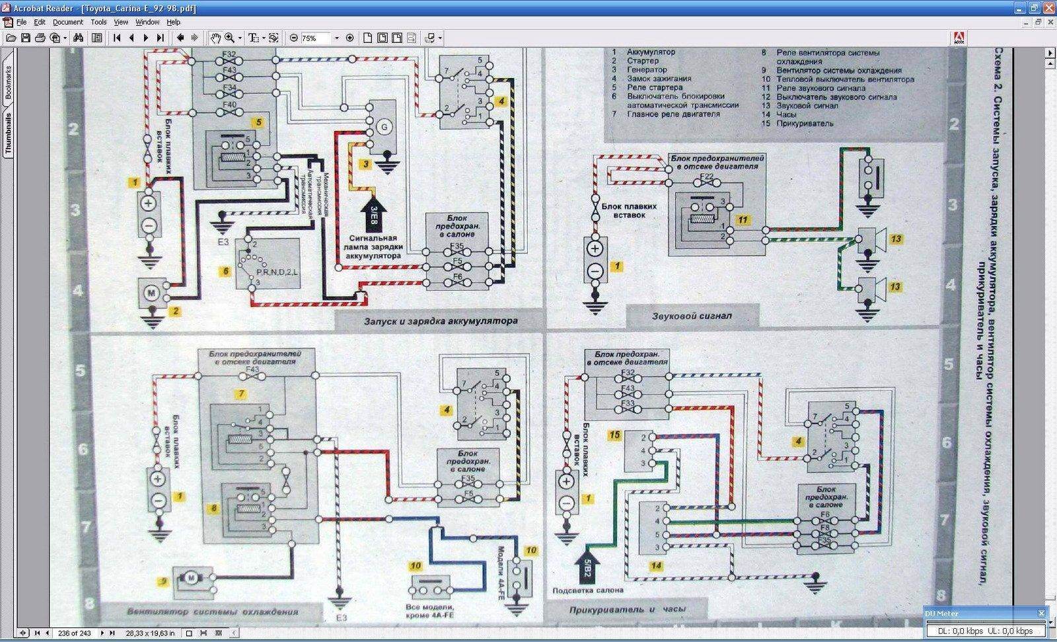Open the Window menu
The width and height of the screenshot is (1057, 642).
pos(147,22)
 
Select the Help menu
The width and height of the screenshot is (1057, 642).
pos(173,22)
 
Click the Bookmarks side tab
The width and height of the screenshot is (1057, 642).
pos(9,82)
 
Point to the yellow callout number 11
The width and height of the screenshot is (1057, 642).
pos(743,220)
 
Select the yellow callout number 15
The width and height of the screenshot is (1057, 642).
pos(615,435)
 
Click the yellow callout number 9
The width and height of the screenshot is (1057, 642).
pos(163,582)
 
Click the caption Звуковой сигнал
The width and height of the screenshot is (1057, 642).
pos(692,316)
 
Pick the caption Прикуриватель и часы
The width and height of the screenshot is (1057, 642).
pos(627,609)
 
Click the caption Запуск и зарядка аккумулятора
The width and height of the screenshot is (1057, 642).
pos(441,321)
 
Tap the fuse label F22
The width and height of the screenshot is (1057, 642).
pos(706,177)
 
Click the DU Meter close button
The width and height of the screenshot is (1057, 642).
pos(1041,614)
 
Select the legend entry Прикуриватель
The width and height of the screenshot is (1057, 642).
pos(805,124)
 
